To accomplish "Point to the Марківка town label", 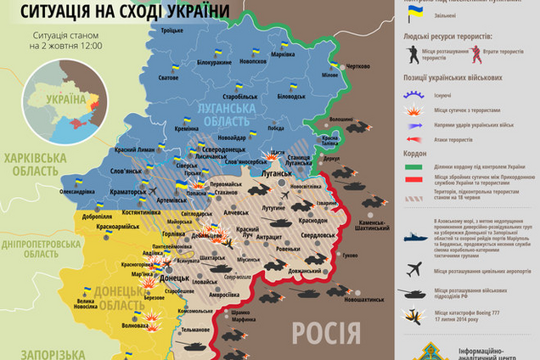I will click(281, 55).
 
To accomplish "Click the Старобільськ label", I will click(239, 97).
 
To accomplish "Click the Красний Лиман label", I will click(132, 149).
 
